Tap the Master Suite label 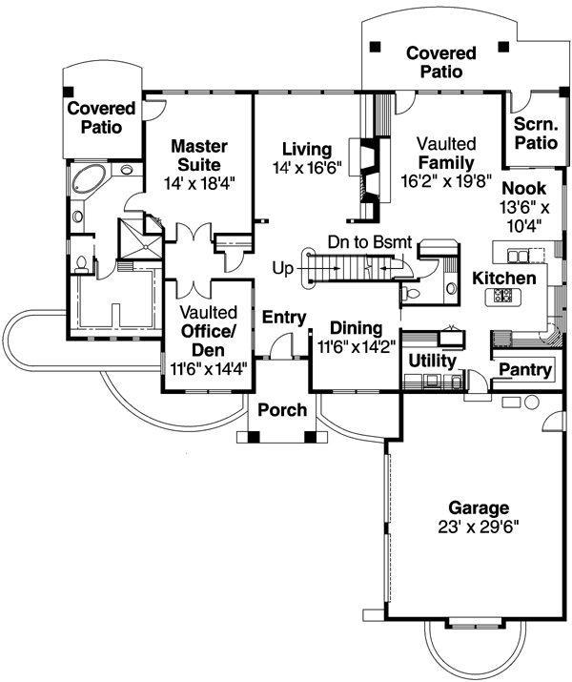click(199, 155)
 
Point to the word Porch click(283, 410)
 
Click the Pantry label click(524, 370)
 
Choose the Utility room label click(432, 361)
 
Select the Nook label click(523, 188)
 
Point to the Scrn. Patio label click(535, 134)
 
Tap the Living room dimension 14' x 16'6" click(305, 167)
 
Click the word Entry click(283, 317)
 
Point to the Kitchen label click(503, 278)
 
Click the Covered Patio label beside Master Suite click(101, 117)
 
